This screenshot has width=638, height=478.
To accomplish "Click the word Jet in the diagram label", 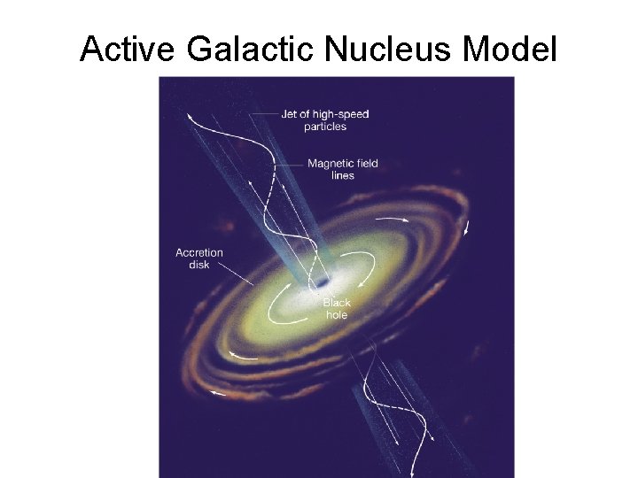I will click(x=290, y=114).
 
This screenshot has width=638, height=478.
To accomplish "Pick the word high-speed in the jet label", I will click(x=341, y=114).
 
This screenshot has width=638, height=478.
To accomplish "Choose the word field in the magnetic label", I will click(x=369, y=163).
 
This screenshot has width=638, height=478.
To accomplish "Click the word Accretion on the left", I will click(x=199, y=252).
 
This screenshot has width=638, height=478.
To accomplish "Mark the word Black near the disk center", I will click(x=337, y=303).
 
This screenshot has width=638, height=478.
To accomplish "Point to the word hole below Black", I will click(x=337, y=315).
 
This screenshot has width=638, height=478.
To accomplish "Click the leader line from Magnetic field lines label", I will click(x=290, y=165).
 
